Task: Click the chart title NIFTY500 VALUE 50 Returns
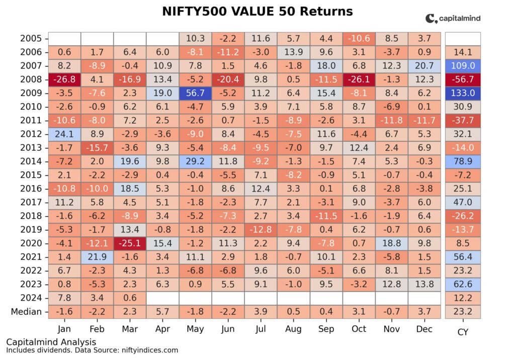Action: coord(257,11)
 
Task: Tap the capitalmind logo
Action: coord(453,19)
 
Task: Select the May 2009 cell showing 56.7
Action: coord(195,93)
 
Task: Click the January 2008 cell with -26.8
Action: coord(64,79)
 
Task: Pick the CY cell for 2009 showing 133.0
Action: coord(463,93)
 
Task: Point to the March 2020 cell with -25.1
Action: coord(130,243)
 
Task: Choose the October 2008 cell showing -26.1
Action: coord(359,79)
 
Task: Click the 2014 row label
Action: coord(31,161)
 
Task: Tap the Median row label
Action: coord(26,311)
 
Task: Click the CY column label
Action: coord(463,331)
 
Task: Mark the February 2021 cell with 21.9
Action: coord(97,256)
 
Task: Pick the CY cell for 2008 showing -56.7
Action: coord(463,79)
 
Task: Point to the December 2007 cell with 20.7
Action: coord(424,65)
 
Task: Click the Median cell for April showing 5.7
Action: coord(162,311)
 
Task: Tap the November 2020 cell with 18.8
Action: coord(391,243)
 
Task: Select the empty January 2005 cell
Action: coord(64,38)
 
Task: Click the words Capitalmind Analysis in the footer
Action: coord(51,342)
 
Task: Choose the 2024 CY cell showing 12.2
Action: coord(463,298)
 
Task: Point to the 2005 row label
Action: coord(31,38)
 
